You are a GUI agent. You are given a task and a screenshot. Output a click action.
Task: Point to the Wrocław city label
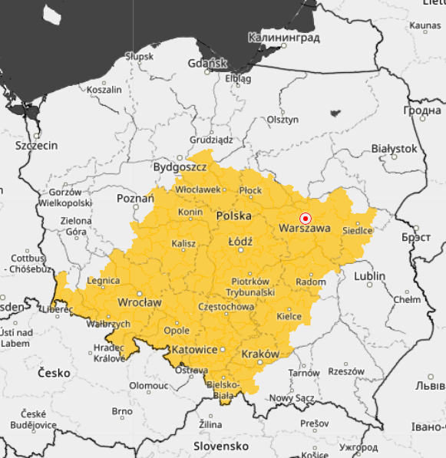pos(139,302)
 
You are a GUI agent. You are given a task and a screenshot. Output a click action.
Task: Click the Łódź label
pos(240,241)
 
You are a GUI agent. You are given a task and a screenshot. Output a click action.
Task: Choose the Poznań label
pos(135,198)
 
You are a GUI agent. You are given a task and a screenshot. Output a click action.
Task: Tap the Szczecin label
pos(36,145)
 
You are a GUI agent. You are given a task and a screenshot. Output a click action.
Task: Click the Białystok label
pos(393,148)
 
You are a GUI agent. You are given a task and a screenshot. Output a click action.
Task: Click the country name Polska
pos(234,216)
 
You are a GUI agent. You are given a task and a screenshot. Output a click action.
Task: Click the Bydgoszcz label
pos(180,166)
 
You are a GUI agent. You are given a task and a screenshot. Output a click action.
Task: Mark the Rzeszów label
pos(346,371)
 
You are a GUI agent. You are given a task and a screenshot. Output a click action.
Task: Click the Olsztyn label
pos(282,120)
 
